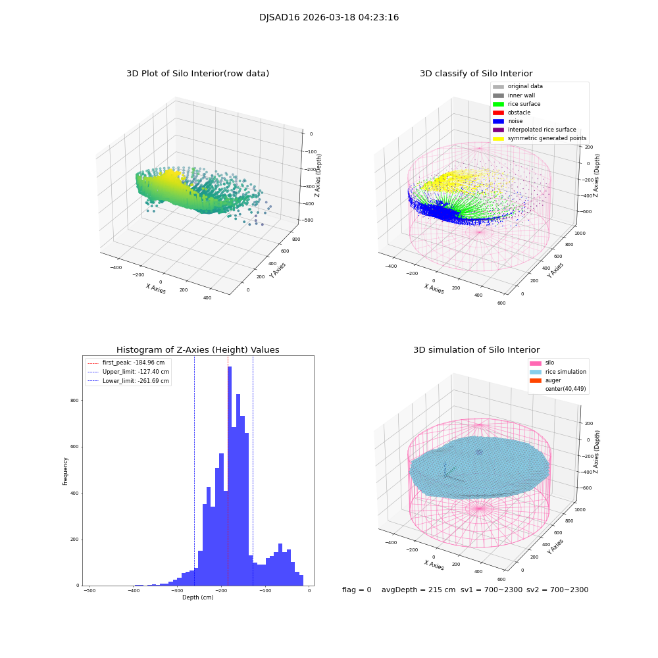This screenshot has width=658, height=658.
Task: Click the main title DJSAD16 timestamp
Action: [x=329, y=18]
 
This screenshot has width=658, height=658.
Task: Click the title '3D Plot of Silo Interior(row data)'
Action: [x=197, y=74]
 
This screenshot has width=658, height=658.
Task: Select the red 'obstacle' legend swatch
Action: [x=498, y=113]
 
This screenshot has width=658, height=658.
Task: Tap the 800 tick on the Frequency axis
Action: [x=74, y=401]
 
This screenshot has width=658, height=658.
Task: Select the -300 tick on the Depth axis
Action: [x=178, y=591]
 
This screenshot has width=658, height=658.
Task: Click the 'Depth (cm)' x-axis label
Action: [x=197, y=597]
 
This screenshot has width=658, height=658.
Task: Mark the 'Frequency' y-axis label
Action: [x=65, y=470]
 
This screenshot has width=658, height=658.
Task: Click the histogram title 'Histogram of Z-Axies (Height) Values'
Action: [x=197, y=350]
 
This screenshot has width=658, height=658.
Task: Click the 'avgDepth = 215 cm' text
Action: [x=418, y=590]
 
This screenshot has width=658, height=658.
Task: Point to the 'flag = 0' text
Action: [x=357, y=590]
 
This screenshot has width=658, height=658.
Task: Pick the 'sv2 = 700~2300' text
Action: [x=557, y=590]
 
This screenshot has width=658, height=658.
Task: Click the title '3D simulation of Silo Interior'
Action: [x=476, y=350]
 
